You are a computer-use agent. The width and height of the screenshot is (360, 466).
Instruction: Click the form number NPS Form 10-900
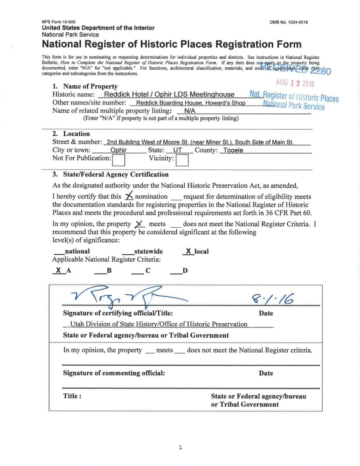59,22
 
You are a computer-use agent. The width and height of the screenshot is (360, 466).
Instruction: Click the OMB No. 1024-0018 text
288,22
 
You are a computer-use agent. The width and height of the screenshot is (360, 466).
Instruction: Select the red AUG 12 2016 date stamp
295,83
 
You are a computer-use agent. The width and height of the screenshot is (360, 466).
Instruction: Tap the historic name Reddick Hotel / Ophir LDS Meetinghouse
169,94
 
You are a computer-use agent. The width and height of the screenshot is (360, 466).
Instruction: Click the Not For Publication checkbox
119,160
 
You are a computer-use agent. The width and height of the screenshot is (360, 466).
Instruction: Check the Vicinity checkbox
182,160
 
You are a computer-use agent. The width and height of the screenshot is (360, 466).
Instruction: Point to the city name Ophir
118,151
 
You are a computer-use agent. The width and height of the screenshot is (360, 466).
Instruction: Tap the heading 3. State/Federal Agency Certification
111,174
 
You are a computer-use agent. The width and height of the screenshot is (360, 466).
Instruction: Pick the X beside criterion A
58,270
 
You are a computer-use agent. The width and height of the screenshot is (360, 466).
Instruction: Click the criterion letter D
185,271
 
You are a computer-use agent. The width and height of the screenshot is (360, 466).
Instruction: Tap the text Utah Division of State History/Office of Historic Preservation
159,324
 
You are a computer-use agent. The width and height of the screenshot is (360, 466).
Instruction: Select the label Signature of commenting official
114,373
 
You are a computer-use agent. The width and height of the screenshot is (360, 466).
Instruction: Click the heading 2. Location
71,134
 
